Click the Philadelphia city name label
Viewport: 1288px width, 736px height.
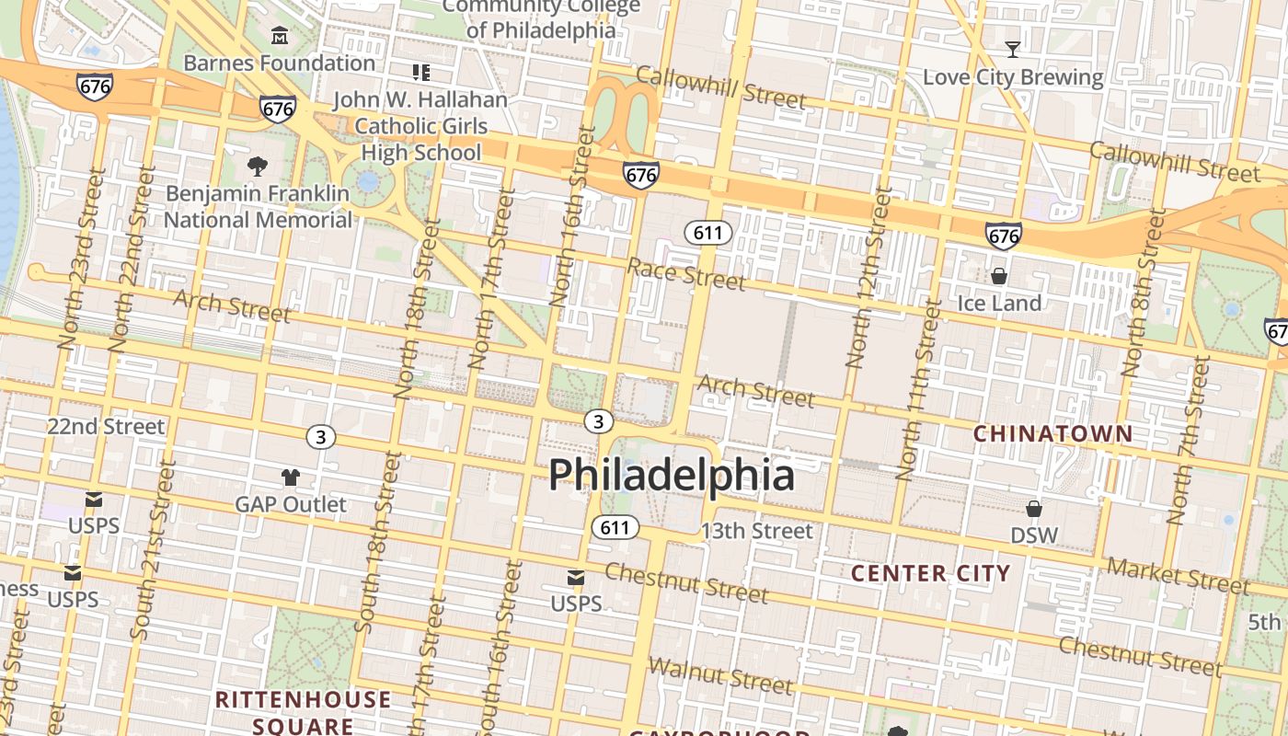(672, 476)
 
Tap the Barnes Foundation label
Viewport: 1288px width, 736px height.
(280, 63)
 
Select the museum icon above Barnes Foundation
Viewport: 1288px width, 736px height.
(280, 36)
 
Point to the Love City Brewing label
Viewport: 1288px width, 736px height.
(1013, 77)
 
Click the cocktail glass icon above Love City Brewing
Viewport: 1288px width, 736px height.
(1013, 49)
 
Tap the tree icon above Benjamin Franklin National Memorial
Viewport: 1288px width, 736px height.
(258, 167)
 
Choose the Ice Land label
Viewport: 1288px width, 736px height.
(999, 303)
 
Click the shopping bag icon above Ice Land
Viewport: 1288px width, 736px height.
(999, 276)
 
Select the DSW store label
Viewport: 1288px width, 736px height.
(1034, 535)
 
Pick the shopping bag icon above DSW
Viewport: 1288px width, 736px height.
(1034, 509)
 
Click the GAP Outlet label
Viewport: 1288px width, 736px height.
(291, 504)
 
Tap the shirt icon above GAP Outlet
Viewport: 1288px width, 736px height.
(291, 477)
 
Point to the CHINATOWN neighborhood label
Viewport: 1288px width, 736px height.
(1052, 433)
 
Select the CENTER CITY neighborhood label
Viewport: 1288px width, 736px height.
(930, 574)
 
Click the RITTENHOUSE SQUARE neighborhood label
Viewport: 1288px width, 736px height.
(304, 712)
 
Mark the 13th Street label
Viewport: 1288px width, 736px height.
(757, 531)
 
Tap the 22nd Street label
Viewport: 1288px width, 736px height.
(106, 427)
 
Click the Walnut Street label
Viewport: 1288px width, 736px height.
(720, 676)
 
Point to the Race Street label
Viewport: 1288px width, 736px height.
(686, 273)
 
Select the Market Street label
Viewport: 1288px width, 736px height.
(1179, 576)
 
